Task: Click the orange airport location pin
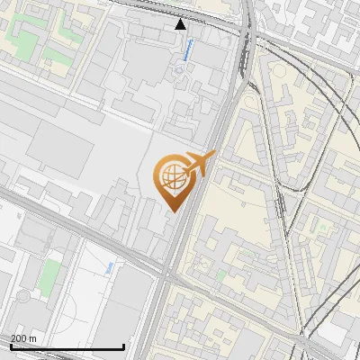click(173, 177)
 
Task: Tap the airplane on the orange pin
click(196, 165)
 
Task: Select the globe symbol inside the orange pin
click(171, 177)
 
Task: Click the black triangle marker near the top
click(181, 24)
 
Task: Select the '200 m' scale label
click(24, 337)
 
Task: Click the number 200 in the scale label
click(20, 337)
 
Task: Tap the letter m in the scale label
click(34, 337)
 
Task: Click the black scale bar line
click(67, 346)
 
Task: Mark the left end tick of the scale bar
click(10, 346)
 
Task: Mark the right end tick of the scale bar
click(123, 346)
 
